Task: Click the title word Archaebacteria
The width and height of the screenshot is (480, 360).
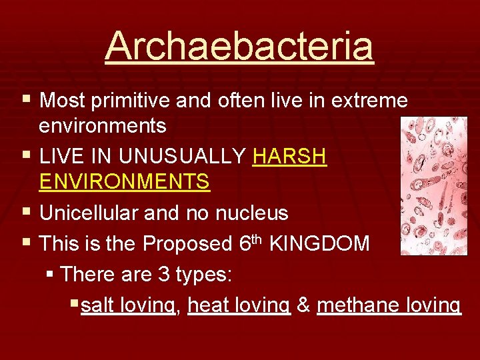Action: point(239,47)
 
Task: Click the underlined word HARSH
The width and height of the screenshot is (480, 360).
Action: point(290,157)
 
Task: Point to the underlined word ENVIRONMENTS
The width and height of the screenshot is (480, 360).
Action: point(125,181)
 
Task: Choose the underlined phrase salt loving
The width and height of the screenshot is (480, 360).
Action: point(128,305)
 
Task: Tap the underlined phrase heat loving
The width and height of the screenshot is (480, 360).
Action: point(239,305)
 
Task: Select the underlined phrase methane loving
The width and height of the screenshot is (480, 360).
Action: point(388,305)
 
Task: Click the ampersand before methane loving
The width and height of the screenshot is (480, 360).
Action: point(303,305)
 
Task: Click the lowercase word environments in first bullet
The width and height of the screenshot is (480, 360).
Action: point(103,125)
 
